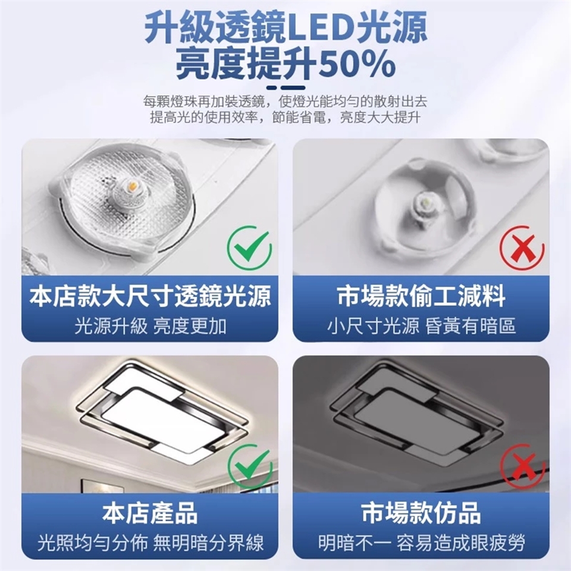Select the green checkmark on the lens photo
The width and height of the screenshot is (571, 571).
click(249, 247)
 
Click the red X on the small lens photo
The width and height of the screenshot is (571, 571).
click(522, 248)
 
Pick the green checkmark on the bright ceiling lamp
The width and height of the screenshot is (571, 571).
click(250, 466)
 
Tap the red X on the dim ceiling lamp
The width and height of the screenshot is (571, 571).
click(522, 466)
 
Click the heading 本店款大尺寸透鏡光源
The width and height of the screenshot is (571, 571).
click(150, 296)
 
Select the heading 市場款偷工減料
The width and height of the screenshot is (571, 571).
click(421, 296)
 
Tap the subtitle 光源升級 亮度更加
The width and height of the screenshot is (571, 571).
click(150, 326)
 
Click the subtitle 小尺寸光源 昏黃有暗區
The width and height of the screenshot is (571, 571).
click(421, 326)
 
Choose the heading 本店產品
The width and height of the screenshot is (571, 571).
click(150, 513)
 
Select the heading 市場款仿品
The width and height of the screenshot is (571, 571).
click(421, 513)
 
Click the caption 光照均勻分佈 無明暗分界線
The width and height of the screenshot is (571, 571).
click(150, 543)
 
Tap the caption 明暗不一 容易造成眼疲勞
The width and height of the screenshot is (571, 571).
click(421, 543)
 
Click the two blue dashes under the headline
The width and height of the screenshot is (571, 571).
click(286, 88)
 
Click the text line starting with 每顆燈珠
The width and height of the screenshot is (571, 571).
click(285, 102)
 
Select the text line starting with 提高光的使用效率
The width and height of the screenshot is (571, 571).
click(285, 118)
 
